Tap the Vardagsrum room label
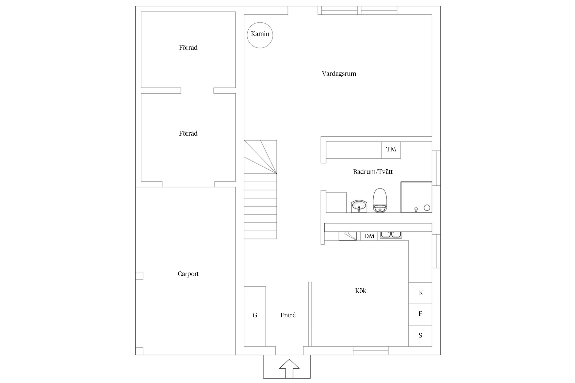point(339,74)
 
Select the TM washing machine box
point(391,150)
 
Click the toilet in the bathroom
point(380,200)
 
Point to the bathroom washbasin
point(359,206)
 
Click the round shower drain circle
point(427,208)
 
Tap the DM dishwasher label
point(369,236)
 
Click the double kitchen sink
point(391,235)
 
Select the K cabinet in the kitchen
point(420,293)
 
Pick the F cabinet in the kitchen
point(420,314)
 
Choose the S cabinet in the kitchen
point(420,336)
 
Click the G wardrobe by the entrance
point(255,316)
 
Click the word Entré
point(288,315)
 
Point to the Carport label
point(188,274)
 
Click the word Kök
point(361,291)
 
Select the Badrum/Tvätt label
point(373,172)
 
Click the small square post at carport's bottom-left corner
point(139,351)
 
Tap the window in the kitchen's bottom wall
point(371,351)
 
